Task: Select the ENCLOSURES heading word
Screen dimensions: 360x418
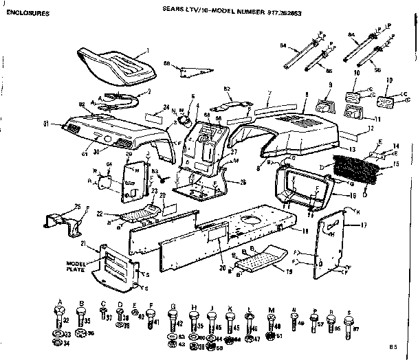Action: click(27, 14)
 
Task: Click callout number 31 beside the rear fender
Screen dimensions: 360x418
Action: click(45, 124)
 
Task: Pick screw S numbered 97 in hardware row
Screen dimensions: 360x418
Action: click(349, 322)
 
